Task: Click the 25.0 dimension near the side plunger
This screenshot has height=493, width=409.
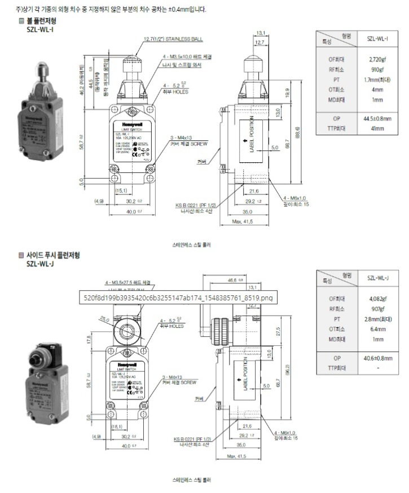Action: (x=104, y=319)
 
